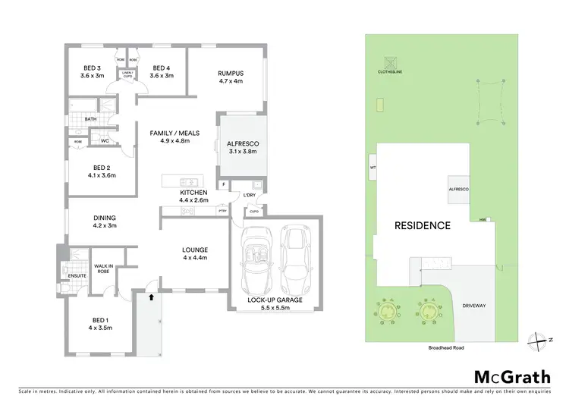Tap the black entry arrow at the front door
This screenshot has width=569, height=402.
(x=152, y=298)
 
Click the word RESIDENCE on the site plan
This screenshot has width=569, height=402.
(x=422, y=225)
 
